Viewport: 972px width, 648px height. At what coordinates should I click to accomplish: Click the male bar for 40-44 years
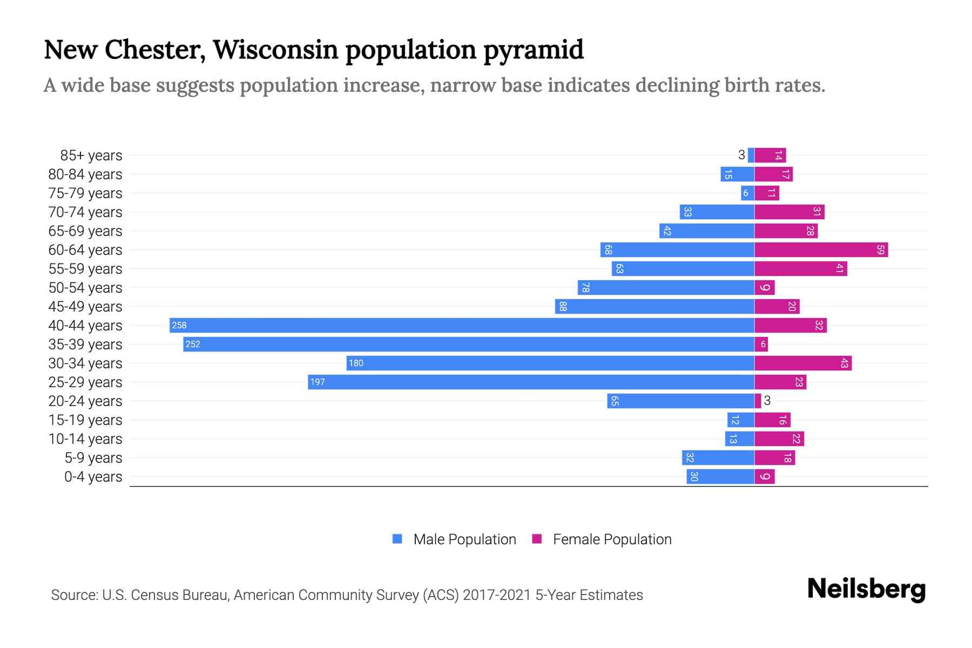coord(462,325)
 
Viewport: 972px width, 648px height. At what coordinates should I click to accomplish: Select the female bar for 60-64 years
coord(821,249)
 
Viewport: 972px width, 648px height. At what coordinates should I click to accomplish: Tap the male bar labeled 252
coord(469,344)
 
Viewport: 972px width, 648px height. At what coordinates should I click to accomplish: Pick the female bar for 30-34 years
coord(803,363)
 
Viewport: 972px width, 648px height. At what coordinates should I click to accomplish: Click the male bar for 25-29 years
coord(531,382)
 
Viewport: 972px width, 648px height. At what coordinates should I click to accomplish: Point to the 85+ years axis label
coord(91,156)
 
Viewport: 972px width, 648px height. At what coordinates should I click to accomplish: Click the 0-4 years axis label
coord(93,477)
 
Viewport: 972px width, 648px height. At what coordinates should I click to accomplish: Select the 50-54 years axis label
coord(85,288)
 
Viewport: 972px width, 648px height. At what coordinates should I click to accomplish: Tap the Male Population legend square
coord(397,539)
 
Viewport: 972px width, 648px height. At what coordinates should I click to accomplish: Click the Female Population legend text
coord(612,539)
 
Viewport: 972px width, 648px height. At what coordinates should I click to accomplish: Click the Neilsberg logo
coord(866,589)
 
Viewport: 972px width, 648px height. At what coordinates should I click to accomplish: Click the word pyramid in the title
coord(533,50)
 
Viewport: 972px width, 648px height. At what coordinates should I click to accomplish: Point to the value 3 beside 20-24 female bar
coord(767,401)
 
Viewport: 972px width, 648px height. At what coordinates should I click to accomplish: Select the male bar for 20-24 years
coord(680,401)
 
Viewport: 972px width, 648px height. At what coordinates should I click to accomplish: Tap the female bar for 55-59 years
coord(800,268)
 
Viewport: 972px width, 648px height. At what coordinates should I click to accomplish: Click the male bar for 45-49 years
coord(654,306)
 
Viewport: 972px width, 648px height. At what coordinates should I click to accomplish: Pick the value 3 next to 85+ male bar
coord(741,155)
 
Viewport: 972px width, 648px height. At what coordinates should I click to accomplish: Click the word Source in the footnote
coord(73,595)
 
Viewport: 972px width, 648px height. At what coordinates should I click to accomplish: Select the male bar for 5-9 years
coord(718,458)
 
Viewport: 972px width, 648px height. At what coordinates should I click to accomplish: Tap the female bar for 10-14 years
coord(779,438)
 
